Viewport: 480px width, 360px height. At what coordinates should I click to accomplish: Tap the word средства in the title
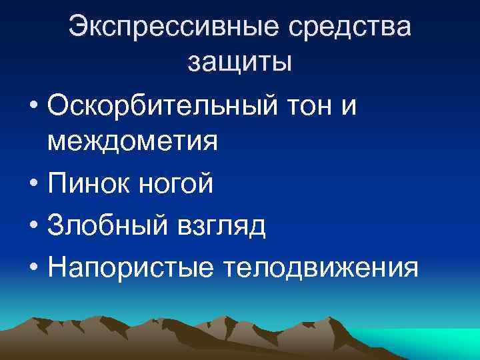[353, 28]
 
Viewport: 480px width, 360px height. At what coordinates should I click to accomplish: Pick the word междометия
[133, 143]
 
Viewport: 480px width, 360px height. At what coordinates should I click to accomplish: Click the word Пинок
[91, 185]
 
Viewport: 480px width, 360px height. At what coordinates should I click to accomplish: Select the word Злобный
[111, 227]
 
